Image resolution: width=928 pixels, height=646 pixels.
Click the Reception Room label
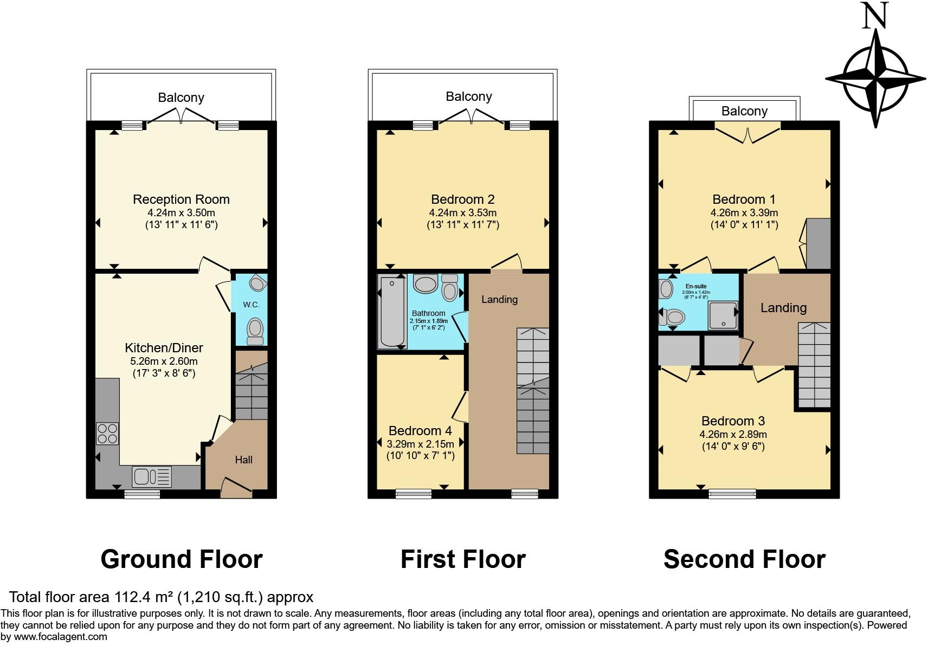(181, 199)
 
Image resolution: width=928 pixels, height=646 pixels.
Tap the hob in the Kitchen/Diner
(107, 434)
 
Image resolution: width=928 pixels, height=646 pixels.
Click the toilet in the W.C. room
(255, 331)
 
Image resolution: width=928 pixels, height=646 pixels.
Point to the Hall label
(243, 460)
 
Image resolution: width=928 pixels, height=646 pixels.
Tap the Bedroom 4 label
(420, 431)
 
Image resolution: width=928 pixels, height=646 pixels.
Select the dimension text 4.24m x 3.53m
(462, 213)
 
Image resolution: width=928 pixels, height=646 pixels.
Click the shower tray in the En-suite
(723, 316)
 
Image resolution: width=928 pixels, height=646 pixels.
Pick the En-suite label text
(696, 286)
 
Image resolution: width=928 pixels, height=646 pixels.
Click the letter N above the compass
(875, 16)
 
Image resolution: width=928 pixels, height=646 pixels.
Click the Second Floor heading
(744, 559)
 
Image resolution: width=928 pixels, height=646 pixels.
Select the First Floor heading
(463, 559)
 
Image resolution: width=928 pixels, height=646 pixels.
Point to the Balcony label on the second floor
(744, 111)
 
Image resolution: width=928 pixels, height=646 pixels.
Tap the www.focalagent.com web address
(60, 637)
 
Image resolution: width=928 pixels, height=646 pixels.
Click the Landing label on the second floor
(783, 308)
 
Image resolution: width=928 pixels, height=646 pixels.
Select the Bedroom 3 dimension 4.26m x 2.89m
(733, 435)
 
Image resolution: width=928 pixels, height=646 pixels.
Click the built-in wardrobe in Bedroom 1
(818, 243)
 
